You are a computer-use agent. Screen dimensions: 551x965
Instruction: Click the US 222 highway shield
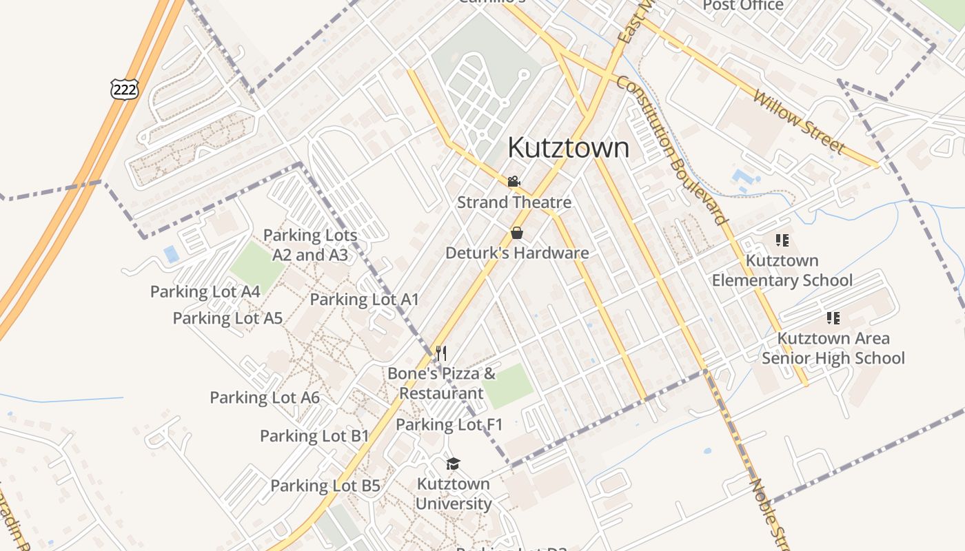coord(124,88)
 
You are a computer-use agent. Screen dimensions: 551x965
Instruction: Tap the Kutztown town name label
coord(569,147)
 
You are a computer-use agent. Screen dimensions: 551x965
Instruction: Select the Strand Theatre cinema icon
coord(514,182)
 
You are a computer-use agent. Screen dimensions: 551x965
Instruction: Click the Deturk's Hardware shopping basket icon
coord(517,233)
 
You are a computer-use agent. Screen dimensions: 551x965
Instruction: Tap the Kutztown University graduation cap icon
coord(453,464)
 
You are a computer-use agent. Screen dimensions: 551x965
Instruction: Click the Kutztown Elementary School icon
coord(782,240)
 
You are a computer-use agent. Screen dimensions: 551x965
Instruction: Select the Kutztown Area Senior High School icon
coord(833,318)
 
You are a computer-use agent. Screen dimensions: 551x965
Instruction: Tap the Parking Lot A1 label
coord(364,300)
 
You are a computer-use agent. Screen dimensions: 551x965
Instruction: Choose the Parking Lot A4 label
coord(205,291)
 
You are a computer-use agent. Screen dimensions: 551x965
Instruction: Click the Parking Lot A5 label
coord(227,318)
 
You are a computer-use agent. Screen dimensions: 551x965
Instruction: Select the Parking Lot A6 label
coord(265,397)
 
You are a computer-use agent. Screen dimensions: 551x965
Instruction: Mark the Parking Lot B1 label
coord(314,436)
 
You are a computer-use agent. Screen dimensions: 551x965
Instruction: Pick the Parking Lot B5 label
coord(325,486)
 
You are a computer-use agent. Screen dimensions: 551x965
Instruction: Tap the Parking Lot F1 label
coord(449,424)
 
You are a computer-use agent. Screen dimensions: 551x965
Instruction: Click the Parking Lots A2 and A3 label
coord(310,245)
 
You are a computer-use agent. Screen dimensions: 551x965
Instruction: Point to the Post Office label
coord(743,6)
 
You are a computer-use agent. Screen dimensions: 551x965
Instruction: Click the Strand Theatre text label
coord(514,202)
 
